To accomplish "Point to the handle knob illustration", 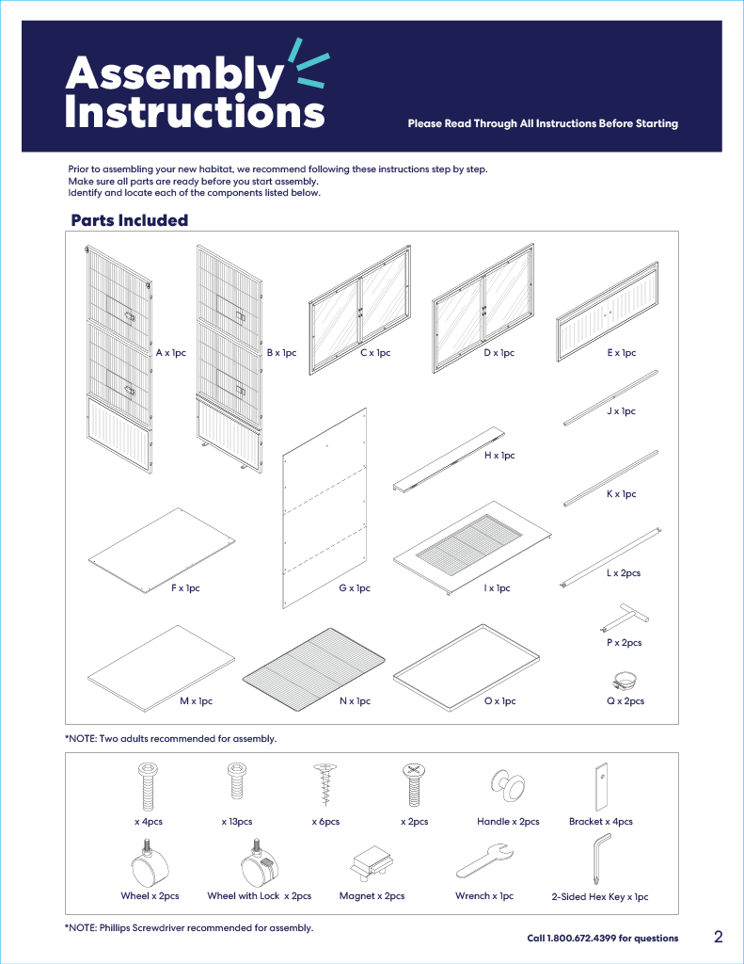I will pyautogui.click(x=508, y=784).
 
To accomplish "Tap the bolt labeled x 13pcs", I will pyautogui.click(x=236, y=785).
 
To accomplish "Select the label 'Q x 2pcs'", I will pyautogui.click(x=625, y=701).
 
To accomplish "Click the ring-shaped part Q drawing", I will pyautogui.click(x=624, y=679).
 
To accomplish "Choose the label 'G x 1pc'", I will pyautogui.click(x=355, y=588).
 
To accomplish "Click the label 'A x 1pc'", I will pyautogui.click(x=171, y=353).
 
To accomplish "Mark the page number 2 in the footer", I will pyautogui.click(x=718, y=937).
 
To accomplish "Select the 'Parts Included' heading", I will pyautogui.click(x=130, y=220).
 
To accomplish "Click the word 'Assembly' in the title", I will pyautogui.click(x=174, y=73).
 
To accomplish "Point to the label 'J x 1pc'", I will pyautogui.click(x=621, y=411).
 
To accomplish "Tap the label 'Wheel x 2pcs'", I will pyautogui.click(x=150, y=896).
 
